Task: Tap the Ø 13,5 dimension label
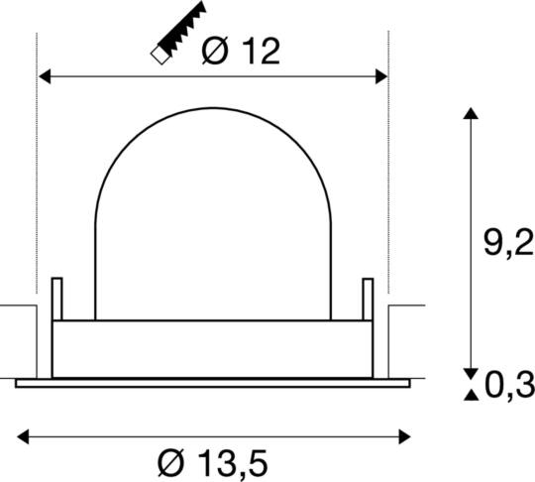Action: [214, 461]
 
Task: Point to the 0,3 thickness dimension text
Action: [509, 382]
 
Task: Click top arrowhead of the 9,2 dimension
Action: [471, 114]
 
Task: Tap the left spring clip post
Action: [56, 297]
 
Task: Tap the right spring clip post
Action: [368, 297]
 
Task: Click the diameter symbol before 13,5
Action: [170, 461]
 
